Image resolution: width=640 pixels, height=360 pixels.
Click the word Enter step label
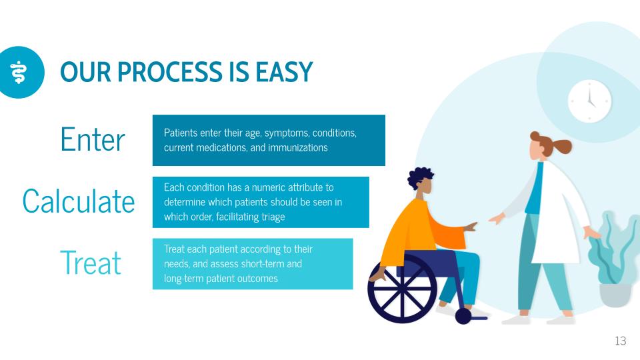(x=93, y=140)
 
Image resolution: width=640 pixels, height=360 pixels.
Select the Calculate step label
(x=79, y=201)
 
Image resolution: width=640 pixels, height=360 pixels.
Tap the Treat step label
(x=91, y=263)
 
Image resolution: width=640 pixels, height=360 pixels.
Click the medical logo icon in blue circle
(x=20, y=72)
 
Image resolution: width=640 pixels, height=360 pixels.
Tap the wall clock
(x=589, y=101)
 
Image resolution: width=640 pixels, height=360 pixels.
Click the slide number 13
(x=620, y=341)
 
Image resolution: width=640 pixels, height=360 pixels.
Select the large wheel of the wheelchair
(x=402, y=290)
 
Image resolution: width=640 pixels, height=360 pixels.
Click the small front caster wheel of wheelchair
(x=463, y=316)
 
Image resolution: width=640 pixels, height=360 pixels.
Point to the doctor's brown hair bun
(x=563, y=146)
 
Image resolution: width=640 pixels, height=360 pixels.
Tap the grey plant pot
(x=615, y=295)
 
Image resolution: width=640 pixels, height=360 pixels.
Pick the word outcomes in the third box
(x=257, y=278)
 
